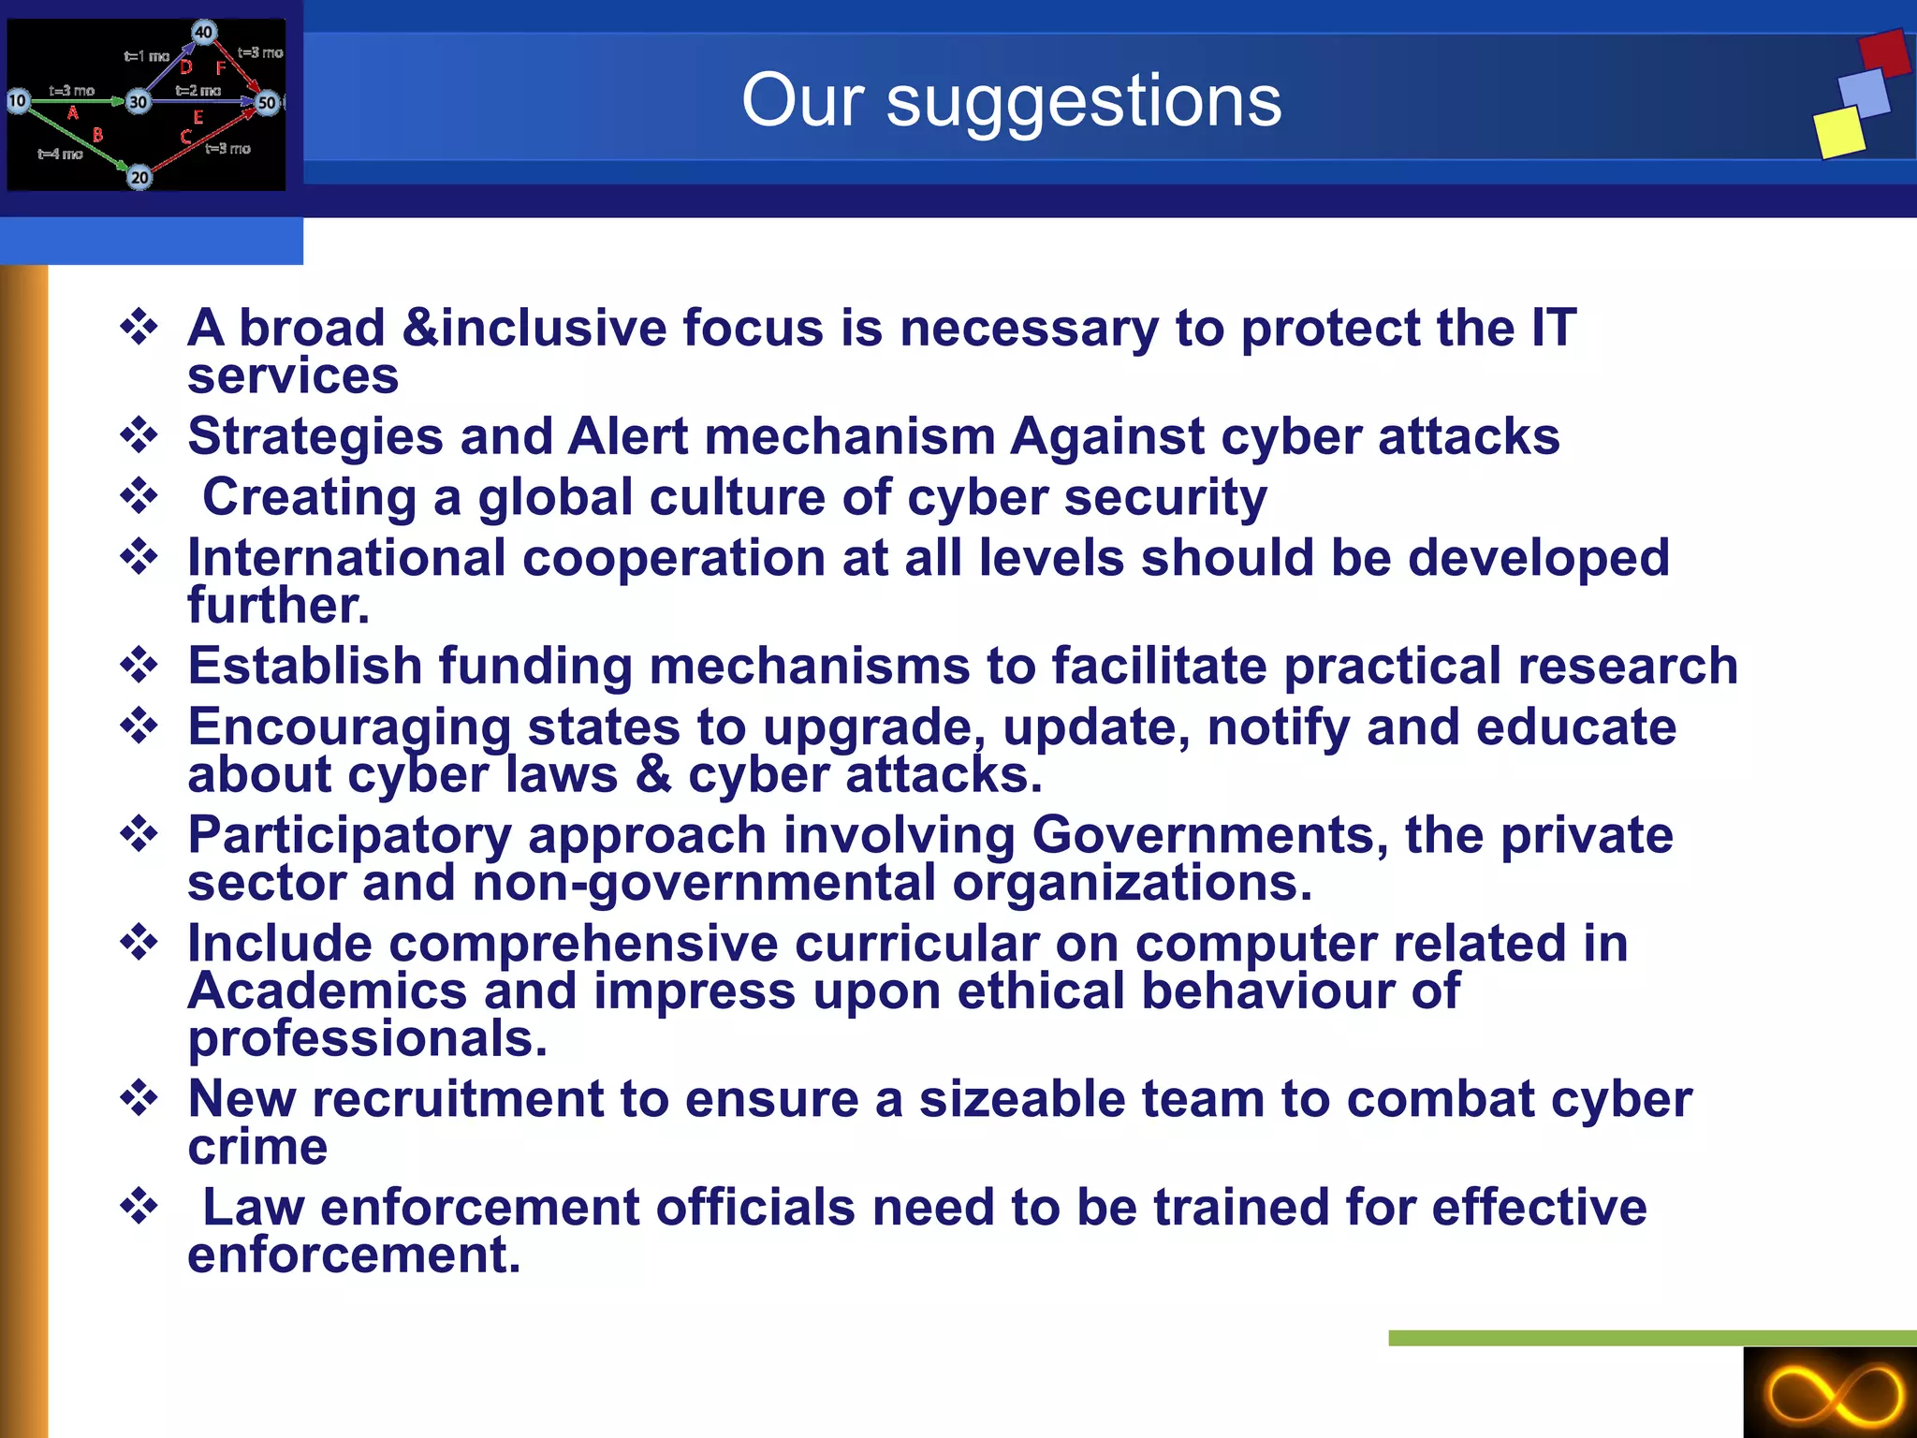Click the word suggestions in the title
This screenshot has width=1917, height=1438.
pyautogui.click(x=1083, y=101)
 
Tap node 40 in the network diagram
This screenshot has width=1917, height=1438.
pyautogui.click(x=203, y=32)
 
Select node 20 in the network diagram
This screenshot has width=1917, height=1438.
pyautogui.click(x=139, y=177)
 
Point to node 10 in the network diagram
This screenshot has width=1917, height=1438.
pyautogui.click(x=18, y=100)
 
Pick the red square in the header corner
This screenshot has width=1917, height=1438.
pyautogui.click(x=1884, y=53)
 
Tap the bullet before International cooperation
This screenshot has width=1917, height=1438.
pyautogui.click(x=139, y=557)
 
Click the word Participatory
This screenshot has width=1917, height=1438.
pyautogui.click(x=349, y=836)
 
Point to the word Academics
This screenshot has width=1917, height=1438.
pyautogui.click(x=327, y=991)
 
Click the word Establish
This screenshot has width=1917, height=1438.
pyautogui.click(x=305, y=666)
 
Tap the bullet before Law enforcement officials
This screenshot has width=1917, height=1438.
pyautogui.click(x=139, y=1206)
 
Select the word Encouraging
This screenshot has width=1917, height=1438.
pyautogui.click(x=349, y=728)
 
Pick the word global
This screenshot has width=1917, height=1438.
pyautogui.click(x=555, y=497)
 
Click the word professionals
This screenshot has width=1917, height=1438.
pyautogui.click(x=367, y=1039)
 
